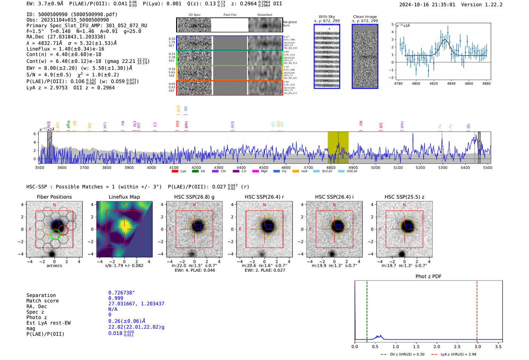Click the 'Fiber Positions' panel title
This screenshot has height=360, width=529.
(54, 197)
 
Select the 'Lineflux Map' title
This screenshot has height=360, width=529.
(124, 197)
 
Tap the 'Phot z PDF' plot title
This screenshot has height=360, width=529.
(428, 277)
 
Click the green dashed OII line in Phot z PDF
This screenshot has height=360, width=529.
(367, 310)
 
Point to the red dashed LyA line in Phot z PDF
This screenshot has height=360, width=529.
(477, 310)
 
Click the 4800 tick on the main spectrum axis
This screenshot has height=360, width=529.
(331, 168)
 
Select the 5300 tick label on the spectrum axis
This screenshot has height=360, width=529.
(442, 168)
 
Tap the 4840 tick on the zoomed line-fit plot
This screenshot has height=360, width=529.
(451, 83)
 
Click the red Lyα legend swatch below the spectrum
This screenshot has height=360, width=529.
(175, 172)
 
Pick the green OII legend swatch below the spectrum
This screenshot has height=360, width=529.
(195, 172)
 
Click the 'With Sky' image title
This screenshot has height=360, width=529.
(327, 17)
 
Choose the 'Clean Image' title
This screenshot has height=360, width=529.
(365, 17)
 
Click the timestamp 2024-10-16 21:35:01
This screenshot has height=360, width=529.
(427, 5)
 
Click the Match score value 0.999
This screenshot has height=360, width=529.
(116, 298)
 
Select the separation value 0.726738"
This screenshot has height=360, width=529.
(121, 293)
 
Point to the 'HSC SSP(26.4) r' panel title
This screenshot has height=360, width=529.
(264, 197)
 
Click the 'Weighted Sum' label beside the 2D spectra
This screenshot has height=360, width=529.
(290, 24)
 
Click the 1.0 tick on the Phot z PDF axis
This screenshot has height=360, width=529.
(396, 346)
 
